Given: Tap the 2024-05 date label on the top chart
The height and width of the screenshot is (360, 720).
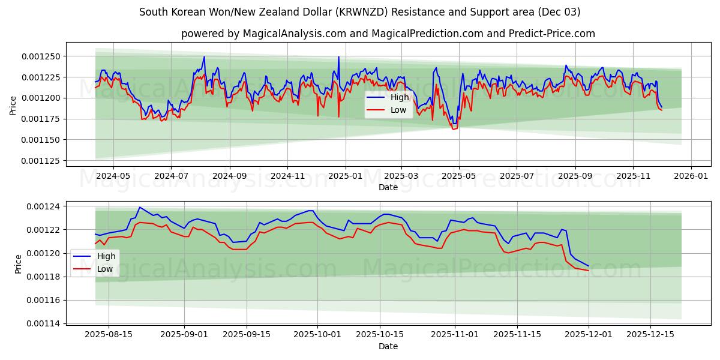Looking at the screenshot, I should pos(113,176).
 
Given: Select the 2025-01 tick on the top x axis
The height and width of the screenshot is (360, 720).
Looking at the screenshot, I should pos(346,176).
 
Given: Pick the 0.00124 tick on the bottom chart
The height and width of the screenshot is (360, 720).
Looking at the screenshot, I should pos(46,206).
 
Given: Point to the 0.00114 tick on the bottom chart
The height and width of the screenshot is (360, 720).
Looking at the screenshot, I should pos(46,323).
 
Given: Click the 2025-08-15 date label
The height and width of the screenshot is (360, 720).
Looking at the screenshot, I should pos(109,335).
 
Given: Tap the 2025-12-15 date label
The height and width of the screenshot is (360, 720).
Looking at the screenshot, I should pos(650,335).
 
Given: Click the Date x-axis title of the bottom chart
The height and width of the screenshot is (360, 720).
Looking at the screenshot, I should pos(388,346).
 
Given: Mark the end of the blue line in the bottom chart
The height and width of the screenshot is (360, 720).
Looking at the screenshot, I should pos(589,266).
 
